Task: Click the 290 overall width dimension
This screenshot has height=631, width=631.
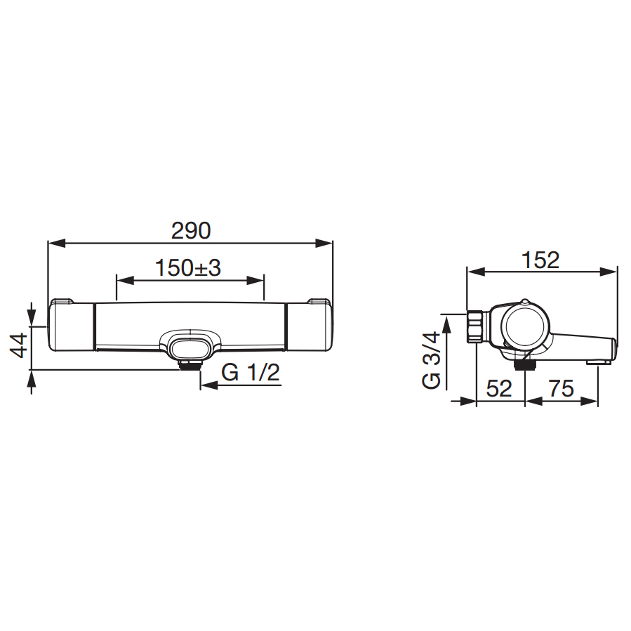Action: pyautogui.click(x=191, y=231)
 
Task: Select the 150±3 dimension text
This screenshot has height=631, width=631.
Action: pyautogui.click(x=188, y=267)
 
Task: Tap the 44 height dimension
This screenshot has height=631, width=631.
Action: pyautogui.click(x=19, y=345)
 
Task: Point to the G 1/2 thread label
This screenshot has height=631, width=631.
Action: pyautogui.click(x=251, y=372)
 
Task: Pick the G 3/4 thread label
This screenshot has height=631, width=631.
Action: pyautogui.click(x=432, y=359)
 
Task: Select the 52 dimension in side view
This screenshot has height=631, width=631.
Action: pyautogui.click(x=499, y=388)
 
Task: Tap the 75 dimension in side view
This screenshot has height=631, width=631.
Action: pyautogui.click(x=562, y=388)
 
